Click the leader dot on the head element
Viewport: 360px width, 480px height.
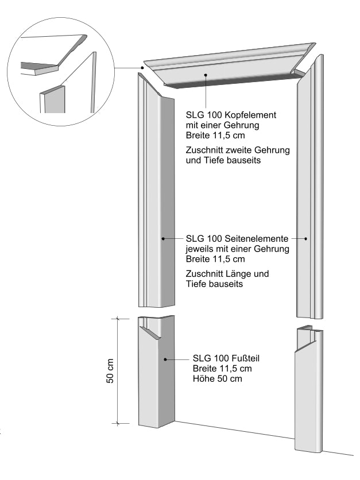click(x=205, y=74)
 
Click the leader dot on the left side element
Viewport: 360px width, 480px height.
click(x=164, y=238)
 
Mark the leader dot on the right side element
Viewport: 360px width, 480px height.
click(x=306, y=238)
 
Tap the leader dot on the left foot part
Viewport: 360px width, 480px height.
click(x=165, y=359)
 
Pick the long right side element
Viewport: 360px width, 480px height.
click(x=310, y=189)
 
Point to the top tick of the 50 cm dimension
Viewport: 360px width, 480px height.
click(x=118, y=318)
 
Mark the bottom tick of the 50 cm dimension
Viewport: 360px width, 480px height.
click(x=118, y=424)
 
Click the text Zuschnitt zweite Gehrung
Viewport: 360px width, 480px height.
click(x=237, y=150)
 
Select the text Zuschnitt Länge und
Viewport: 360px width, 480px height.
click(x=227, y=274)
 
